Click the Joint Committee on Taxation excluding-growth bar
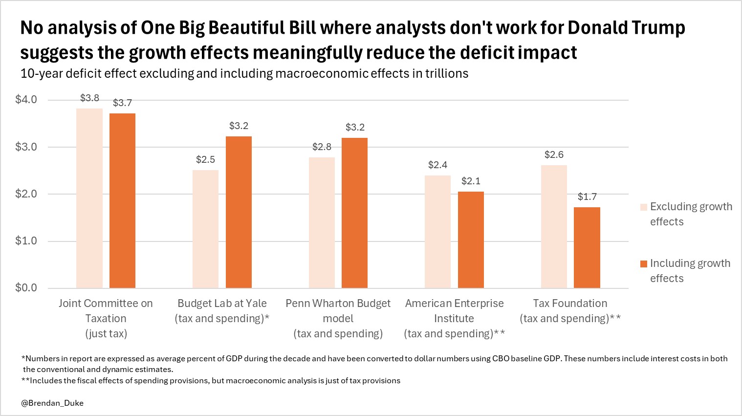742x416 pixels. [89, 198]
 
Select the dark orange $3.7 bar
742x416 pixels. [122, 200]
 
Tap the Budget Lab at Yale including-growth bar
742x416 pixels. [239, 212]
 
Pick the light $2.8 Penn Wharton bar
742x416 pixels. [322, 222]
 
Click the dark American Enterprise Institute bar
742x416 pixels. [471, 240]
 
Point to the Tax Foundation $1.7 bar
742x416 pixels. [587, 247]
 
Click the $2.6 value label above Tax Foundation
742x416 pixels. [554, 155]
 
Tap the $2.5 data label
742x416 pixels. [205, 160]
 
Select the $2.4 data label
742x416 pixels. [437, 165]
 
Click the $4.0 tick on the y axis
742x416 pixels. [26, 100]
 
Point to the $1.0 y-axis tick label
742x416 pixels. [26, 241]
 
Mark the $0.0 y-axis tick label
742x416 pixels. [26, 288]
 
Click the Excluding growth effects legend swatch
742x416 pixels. [644, 207]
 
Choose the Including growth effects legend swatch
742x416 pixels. [644, 264]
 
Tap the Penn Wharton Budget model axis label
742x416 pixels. [338, 318]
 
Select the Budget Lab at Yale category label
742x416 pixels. [222, 311]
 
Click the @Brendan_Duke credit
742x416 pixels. [52, 403]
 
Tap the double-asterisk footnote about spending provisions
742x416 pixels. [211, 381]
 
